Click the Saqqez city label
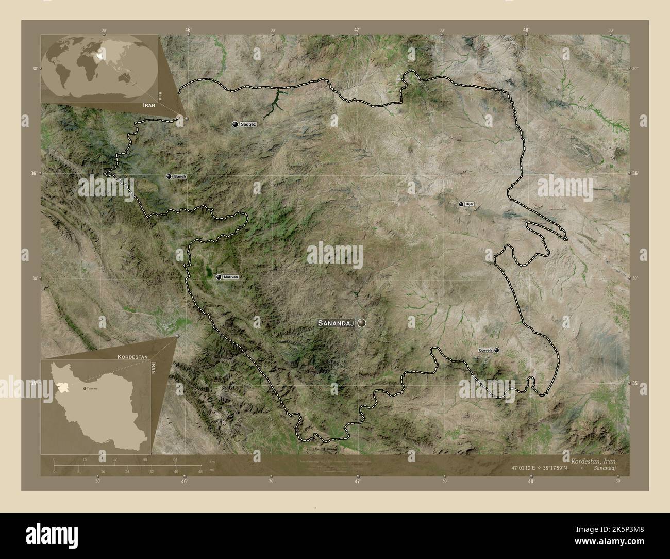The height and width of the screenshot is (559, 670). point(248,125)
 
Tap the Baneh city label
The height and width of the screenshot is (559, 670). point(179,176)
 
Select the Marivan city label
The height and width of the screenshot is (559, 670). point(231,277)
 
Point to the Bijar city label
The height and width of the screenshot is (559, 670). point(469,204)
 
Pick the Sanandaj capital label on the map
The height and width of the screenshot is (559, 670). point(336,323)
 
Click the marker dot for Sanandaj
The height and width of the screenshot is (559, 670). point(362,323)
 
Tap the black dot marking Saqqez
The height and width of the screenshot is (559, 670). point(236,125)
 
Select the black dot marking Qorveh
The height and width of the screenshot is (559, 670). point(497,350)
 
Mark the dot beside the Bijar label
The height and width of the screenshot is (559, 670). point(461,204)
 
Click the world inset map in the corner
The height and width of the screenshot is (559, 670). point(99,68)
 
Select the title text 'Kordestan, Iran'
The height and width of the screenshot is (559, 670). point(592,460)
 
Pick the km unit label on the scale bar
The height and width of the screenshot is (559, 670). point(212,461)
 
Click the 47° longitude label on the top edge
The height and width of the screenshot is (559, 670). point(357,30)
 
